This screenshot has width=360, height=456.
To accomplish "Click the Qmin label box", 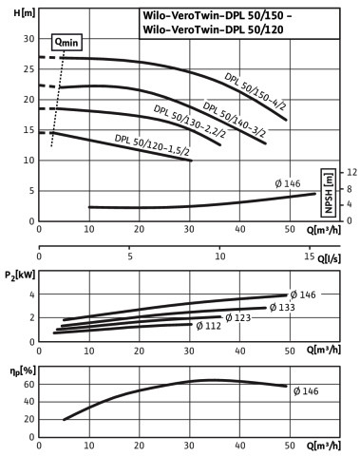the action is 66,42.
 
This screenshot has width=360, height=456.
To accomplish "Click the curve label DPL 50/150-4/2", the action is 256,92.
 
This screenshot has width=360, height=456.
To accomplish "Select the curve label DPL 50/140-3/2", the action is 235,120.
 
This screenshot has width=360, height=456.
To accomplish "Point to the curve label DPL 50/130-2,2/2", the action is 190,122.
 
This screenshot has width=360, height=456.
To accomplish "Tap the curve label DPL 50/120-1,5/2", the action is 152,145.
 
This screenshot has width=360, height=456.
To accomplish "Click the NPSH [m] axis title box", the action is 329,193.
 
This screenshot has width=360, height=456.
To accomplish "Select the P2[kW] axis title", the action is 20,275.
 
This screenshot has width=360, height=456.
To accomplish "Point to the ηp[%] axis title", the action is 23,370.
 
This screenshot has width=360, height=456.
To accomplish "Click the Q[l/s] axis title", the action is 329,259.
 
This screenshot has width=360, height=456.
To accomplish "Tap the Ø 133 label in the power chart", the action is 282,307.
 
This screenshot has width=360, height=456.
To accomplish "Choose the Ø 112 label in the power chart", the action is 208,326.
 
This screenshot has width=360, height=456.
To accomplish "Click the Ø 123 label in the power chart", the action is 237,317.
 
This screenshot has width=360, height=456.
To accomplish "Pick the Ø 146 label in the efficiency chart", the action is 306,391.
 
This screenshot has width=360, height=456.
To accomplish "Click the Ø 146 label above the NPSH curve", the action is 288,183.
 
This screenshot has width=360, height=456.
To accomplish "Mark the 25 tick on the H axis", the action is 28,69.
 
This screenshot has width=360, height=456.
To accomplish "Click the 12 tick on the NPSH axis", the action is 351,172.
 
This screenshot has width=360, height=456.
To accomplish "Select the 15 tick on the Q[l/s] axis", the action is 310,256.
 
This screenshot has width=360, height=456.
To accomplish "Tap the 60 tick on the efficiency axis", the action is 28,384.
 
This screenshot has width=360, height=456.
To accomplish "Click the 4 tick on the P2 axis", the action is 31,294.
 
